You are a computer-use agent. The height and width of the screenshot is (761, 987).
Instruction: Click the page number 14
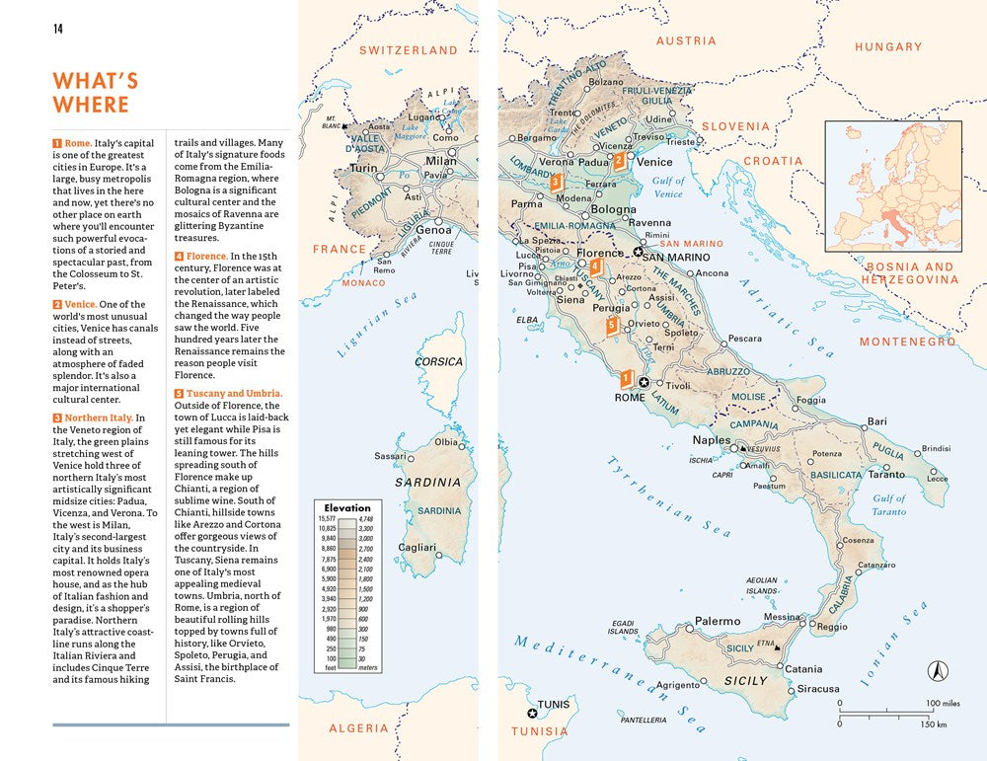point(58,28)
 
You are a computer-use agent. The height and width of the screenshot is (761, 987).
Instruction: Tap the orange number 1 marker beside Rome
point(625,377)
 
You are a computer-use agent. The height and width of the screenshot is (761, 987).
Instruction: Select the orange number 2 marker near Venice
point(619,160)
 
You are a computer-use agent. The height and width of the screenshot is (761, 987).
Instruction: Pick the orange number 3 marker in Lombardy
point(556,182)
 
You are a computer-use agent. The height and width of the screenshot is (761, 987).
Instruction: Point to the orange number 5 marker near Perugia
point(612,325)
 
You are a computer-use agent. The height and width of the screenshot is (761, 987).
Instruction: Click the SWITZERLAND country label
point(408,50)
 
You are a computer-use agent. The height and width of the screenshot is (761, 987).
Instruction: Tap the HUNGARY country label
point(887,46)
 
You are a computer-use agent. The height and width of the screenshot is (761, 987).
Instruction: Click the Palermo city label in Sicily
point(718,622)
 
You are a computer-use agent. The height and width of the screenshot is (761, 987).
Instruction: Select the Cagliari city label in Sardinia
point(417,547)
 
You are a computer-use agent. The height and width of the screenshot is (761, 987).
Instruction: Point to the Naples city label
point(712,440)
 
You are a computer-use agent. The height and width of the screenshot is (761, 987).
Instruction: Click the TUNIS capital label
point(554,705)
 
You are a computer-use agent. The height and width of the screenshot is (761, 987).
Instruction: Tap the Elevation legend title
point(347,507)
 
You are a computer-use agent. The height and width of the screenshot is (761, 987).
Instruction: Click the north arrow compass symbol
point(937,671)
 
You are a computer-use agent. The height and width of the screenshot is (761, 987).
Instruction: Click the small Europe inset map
point(892,186)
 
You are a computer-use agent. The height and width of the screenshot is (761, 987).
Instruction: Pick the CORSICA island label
point(438,362)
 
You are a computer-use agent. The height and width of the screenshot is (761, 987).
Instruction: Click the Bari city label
point(876,421)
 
